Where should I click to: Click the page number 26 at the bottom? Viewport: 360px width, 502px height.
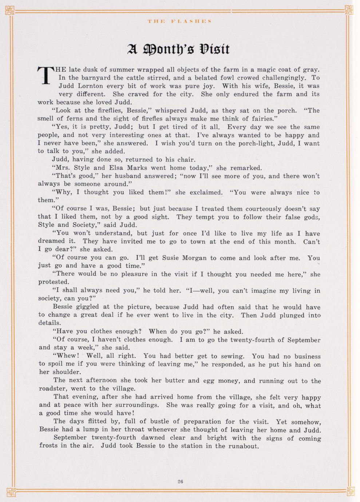(180, 481)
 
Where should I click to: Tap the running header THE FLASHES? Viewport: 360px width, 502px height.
(180, 21)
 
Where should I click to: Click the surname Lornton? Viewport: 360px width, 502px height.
(90, 86)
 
